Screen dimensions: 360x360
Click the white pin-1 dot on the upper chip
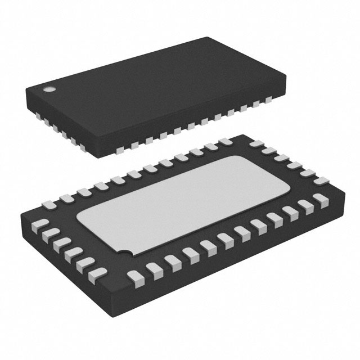(49, 89)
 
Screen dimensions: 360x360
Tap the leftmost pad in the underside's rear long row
(66, 198)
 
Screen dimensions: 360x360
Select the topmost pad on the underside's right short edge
(256, 143)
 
